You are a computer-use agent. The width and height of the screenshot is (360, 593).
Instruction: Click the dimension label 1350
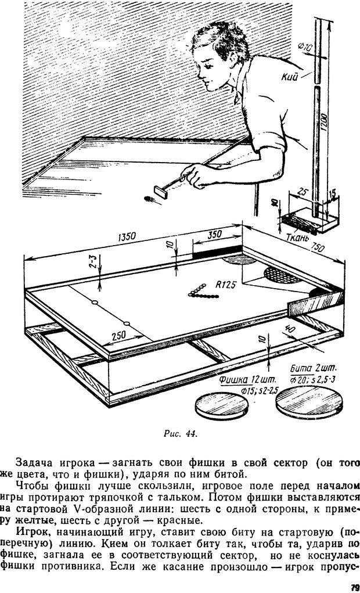[126, 236]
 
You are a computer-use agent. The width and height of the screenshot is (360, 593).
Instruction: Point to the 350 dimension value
[216, 234]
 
